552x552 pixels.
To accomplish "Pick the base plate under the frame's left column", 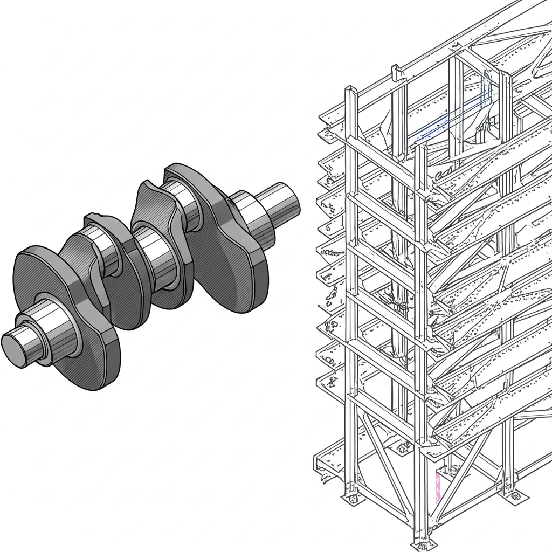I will point(352,499).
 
